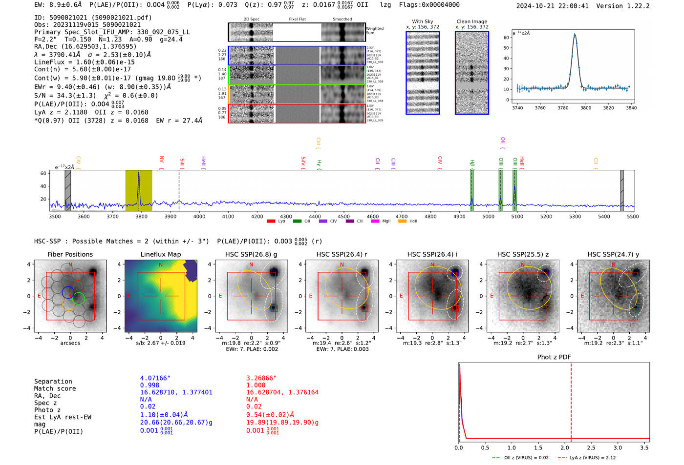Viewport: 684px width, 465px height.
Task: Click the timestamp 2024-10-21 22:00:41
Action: click(x=552, y=6)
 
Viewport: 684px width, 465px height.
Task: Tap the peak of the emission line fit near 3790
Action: click(x=575, y=34)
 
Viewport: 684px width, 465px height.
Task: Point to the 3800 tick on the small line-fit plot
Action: click(x=585, y=108)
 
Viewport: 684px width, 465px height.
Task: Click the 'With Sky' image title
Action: click(x=422, y=21)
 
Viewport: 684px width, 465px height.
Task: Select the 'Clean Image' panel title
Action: click(x=471, y=21)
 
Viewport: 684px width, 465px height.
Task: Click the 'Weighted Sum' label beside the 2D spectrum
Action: click(x=374, y=30)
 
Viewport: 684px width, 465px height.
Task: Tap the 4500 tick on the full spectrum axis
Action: click(x=343, y=216)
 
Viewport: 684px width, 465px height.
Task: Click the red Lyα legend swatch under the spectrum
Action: click(x=271, y=221)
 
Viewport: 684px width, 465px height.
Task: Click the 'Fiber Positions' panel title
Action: click(x=70, y=254)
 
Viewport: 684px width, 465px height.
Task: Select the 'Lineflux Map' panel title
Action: click(x=160, y=254)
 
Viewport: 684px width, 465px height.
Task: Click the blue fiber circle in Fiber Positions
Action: click(x=68, y=293)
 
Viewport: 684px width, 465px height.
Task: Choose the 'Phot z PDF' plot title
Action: click(x=554, y=357)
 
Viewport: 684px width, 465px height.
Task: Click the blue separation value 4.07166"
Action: click(x=155, y=378)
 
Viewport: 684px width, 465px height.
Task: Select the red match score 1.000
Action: click(x=256, y=385)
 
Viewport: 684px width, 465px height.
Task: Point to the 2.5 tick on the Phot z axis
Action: click(x=591, y=447)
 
